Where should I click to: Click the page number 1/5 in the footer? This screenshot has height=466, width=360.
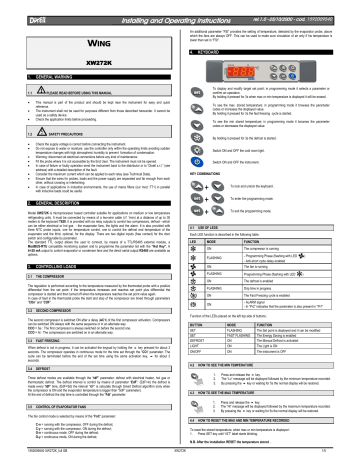point(348,460)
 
